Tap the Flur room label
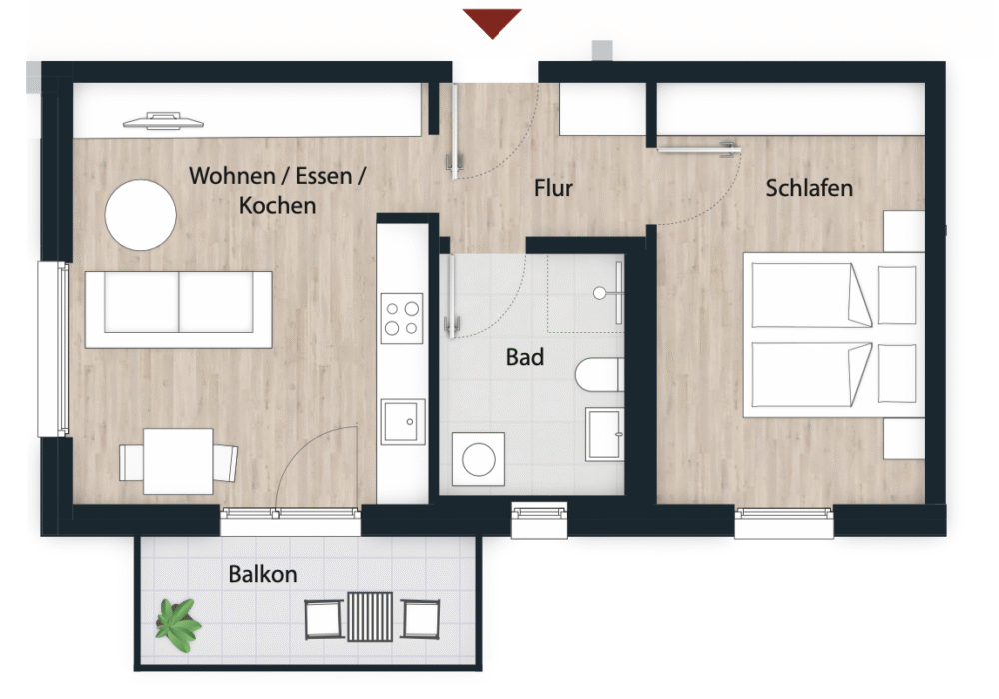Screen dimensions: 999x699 [553, 188]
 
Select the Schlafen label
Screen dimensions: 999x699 [809, 188]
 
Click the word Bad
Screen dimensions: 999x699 [525, 357]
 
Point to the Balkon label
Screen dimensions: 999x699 [263, 574]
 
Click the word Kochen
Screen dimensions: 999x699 [277, 205]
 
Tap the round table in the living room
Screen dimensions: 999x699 [140, 215]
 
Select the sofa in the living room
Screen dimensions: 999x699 [179, 309]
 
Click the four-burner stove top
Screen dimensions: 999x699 [402, 318]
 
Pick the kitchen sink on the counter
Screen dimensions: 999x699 [403, 422]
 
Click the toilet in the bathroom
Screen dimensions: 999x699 [599, 374]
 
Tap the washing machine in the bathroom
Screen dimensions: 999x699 [479, 459]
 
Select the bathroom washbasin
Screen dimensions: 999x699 [604, 434]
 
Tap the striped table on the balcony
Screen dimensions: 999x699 [370, 616]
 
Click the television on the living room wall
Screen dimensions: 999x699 [163, 121]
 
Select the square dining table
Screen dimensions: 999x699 [178, 461]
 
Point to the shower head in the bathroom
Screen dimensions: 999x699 [600, 293]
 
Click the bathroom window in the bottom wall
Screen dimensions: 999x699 [539, 520]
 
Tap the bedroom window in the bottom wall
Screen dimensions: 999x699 [784, 522]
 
